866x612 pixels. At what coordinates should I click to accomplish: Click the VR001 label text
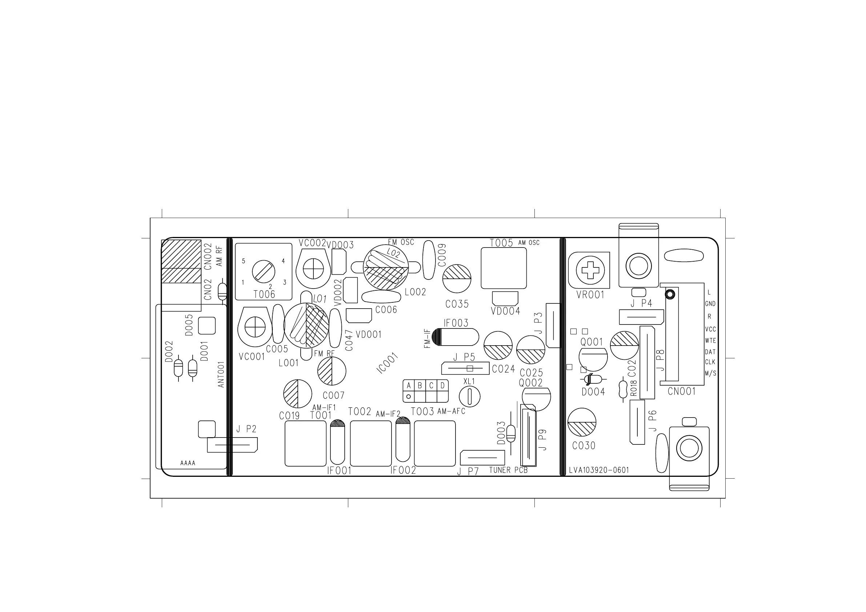coord(590,295)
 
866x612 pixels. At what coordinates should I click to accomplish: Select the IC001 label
coord(388,363)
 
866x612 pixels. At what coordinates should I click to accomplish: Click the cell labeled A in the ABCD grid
coord(409,386)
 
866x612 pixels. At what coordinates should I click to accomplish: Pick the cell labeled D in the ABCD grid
coord(442,386)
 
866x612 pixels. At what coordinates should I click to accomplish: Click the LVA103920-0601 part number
coord(599,470)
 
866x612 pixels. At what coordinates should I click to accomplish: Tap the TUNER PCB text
coord(508,470)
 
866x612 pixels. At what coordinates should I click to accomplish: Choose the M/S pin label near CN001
coord(710,374)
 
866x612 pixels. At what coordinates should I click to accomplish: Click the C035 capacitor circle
coord(457,279)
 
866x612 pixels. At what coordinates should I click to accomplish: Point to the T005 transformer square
coord(504,268)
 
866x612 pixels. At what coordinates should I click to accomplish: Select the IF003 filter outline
coord(456,337)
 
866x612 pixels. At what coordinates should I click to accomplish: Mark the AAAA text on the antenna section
coord(188,463)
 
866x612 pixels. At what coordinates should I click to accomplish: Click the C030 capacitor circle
coord(582,422)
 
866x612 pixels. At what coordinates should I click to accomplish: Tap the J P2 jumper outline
coord(232,445)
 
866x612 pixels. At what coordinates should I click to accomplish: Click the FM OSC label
coord(401,242)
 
